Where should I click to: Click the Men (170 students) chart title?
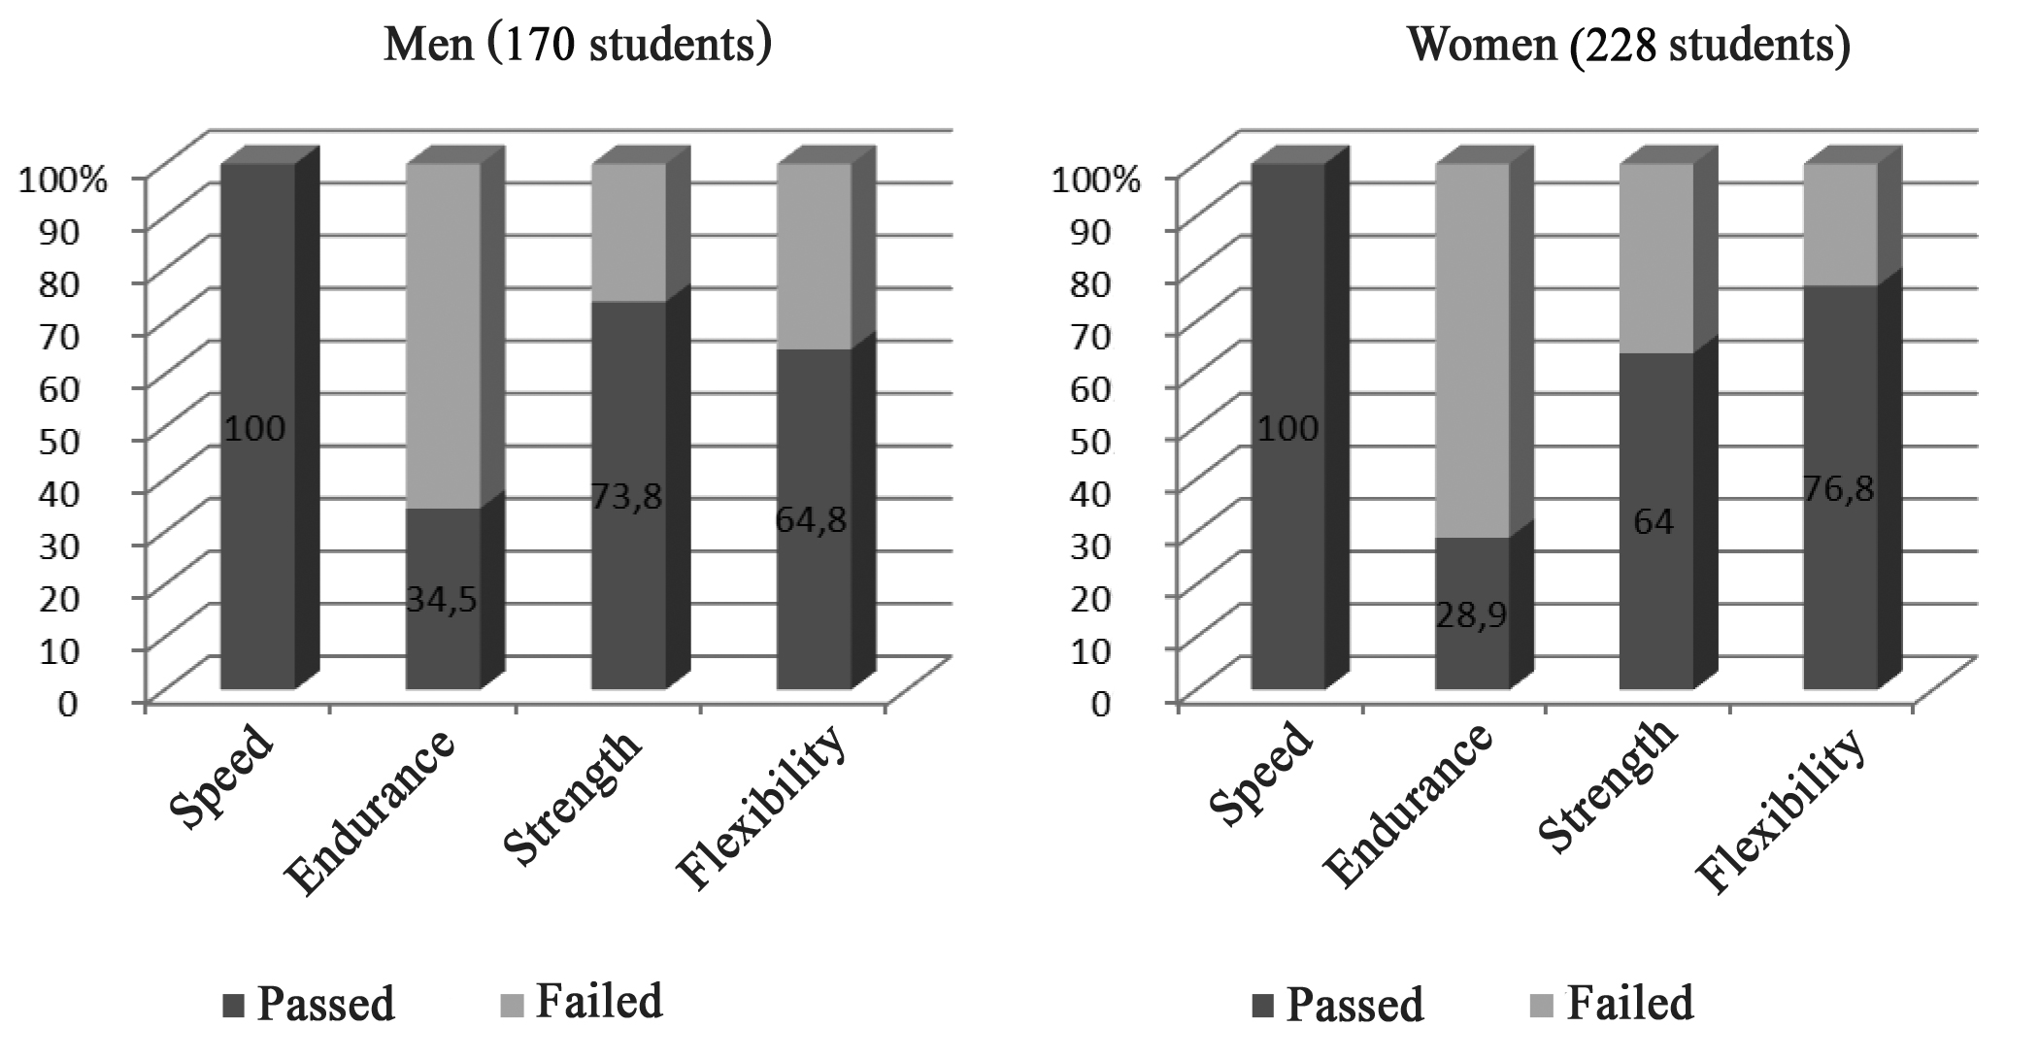578,45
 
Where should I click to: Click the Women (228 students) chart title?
1628,45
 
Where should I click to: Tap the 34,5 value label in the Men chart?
442,600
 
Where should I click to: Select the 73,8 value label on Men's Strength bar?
627,497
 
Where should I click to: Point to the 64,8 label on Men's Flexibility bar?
812,520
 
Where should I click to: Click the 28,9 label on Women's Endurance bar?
1472,615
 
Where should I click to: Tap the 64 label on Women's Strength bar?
1654,522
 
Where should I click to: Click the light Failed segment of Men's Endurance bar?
443,335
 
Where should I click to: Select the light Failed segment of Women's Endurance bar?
1472,349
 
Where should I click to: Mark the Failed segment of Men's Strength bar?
629,233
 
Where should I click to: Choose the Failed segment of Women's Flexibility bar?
1840,225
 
